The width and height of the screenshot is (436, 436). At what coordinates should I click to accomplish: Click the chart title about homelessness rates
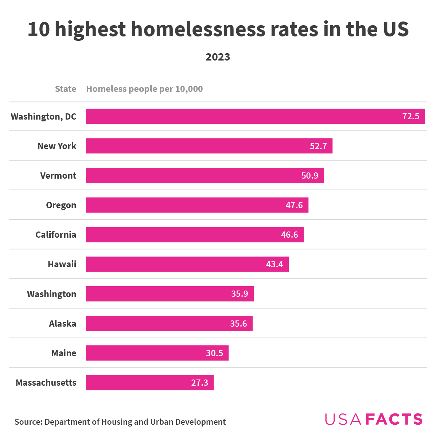218,29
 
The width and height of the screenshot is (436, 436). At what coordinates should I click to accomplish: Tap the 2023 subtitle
218,57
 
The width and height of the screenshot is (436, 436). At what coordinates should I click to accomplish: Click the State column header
66,89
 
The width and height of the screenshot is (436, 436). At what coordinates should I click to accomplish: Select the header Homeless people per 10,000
144,89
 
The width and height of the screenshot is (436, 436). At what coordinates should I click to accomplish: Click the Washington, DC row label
44,117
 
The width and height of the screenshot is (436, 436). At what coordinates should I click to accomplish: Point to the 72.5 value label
411,116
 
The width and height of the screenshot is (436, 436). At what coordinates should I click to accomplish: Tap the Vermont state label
58,176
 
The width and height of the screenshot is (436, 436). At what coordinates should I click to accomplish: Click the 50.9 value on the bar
310,176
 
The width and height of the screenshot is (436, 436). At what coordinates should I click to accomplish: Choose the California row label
56,235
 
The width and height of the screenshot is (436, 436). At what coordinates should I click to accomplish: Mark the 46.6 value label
289,235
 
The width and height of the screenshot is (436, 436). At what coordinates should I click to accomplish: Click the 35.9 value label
240,294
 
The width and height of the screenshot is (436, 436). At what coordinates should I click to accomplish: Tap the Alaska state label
63,324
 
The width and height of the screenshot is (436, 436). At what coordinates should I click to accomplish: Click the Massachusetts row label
46,383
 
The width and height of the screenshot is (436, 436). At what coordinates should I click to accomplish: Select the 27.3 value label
200,383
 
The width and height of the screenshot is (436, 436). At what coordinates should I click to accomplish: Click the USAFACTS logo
374,419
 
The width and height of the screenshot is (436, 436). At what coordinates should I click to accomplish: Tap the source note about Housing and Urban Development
120,422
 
